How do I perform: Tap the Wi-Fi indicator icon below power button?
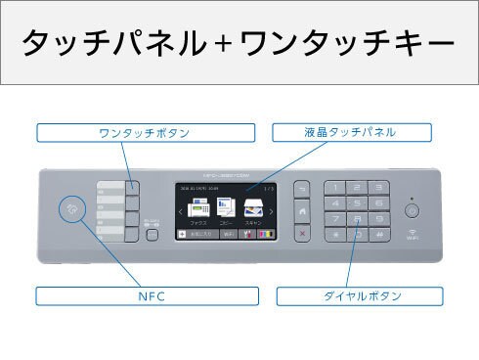(x=412, y=232)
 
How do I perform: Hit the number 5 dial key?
(x=358, y=202)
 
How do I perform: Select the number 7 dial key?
(x=337, y=219)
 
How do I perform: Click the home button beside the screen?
(x=302, y=210)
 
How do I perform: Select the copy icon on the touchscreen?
(x=226, y=208)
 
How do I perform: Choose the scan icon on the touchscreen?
(x=254, y=208)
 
